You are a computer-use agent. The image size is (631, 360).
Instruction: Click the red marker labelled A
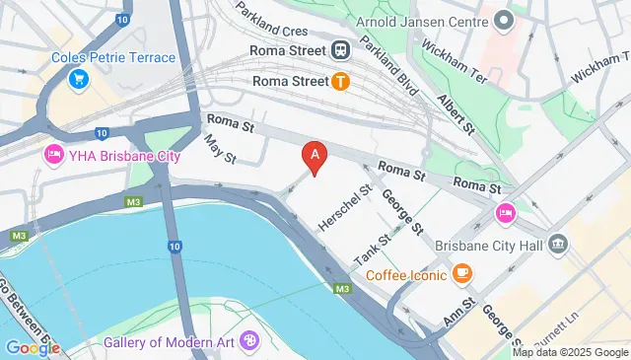point(315,156)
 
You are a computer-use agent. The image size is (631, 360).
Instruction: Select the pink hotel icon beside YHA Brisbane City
point(52,155)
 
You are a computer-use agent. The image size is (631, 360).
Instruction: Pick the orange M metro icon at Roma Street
point(341,81)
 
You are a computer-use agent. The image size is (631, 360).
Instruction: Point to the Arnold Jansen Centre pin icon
point(505,19)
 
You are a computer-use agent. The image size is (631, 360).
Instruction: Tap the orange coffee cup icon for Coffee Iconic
point(461,273)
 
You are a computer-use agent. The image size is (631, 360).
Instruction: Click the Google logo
point(32,346)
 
